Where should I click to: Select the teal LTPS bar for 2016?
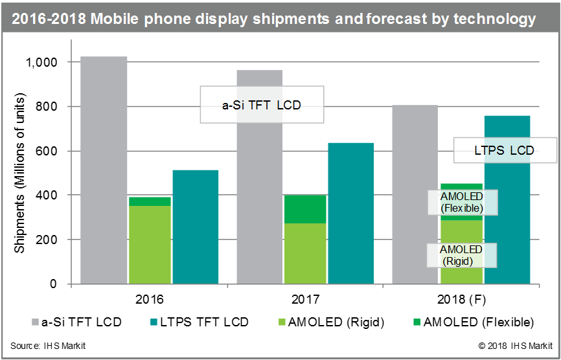[x=195, y=227]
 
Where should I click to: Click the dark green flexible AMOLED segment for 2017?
[x=305, y=208]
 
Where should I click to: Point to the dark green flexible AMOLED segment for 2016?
[x=149, y=201]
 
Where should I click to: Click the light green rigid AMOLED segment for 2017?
[x=305, y=253]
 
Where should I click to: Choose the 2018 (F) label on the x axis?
[x=461, y=300]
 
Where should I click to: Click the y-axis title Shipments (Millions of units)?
[x=21, y=174]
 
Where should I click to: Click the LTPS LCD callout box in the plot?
[x=504, y=151]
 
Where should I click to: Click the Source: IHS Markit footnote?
[x=48, y=346]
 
